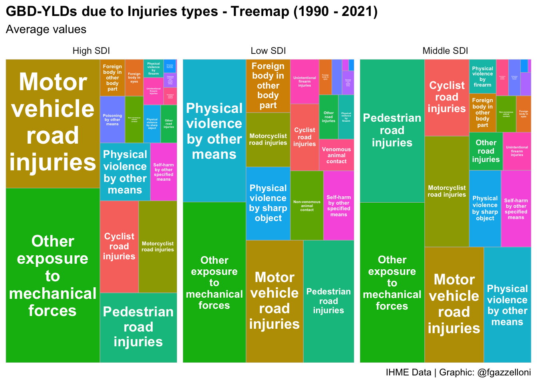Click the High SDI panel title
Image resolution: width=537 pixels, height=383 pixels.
[91, 51]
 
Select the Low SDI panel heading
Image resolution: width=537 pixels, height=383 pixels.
[268, 51]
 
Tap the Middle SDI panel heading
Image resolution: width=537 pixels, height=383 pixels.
[445, 51]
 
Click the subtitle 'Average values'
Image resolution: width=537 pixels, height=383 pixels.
[46, 30]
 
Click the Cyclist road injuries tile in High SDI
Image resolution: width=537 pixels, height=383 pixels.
[119, 247]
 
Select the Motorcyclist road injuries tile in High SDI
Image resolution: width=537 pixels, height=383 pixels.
[158, 247]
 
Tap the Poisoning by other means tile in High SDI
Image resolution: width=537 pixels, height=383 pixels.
[112, 120]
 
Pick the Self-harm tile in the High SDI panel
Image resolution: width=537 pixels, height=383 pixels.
[163, 172]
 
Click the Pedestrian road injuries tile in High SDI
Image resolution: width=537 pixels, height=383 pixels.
[138, 327]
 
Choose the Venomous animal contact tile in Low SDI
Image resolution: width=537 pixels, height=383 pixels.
[336, 155]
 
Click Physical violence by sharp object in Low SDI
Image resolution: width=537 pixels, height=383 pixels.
[268, 203]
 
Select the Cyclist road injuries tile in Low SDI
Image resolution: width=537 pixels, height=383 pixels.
[304, 137]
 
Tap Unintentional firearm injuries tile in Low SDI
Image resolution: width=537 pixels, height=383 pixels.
[304, 81]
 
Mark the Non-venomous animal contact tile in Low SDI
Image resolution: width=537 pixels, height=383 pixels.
[307, 205]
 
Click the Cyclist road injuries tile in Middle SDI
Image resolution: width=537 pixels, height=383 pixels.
[447, 97]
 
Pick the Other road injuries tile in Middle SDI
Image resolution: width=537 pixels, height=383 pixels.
[486, 151]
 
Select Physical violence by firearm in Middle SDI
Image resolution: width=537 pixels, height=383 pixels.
[482, 77]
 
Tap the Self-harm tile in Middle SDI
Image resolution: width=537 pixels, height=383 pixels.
[516, 209]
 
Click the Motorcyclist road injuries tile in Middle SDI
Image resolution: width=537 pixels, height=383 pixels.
[447, 191]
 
